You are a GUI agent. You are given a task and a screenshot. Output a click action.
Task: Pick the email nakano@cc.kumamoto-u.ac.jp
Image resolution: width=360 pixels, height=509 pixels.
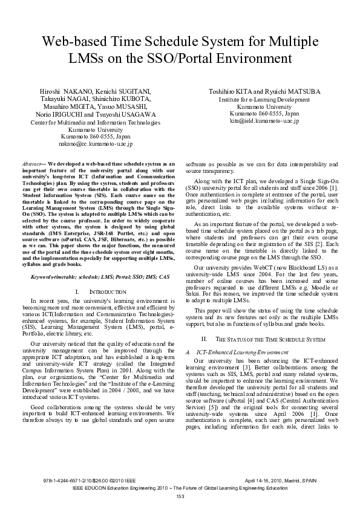pyautogui.click(x=96, y=144)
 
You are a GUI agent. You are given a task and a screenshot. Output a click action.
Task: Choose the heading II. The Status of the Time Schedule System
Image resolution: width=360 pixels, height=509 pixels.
pyautogui.click(x=267, y=339)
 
